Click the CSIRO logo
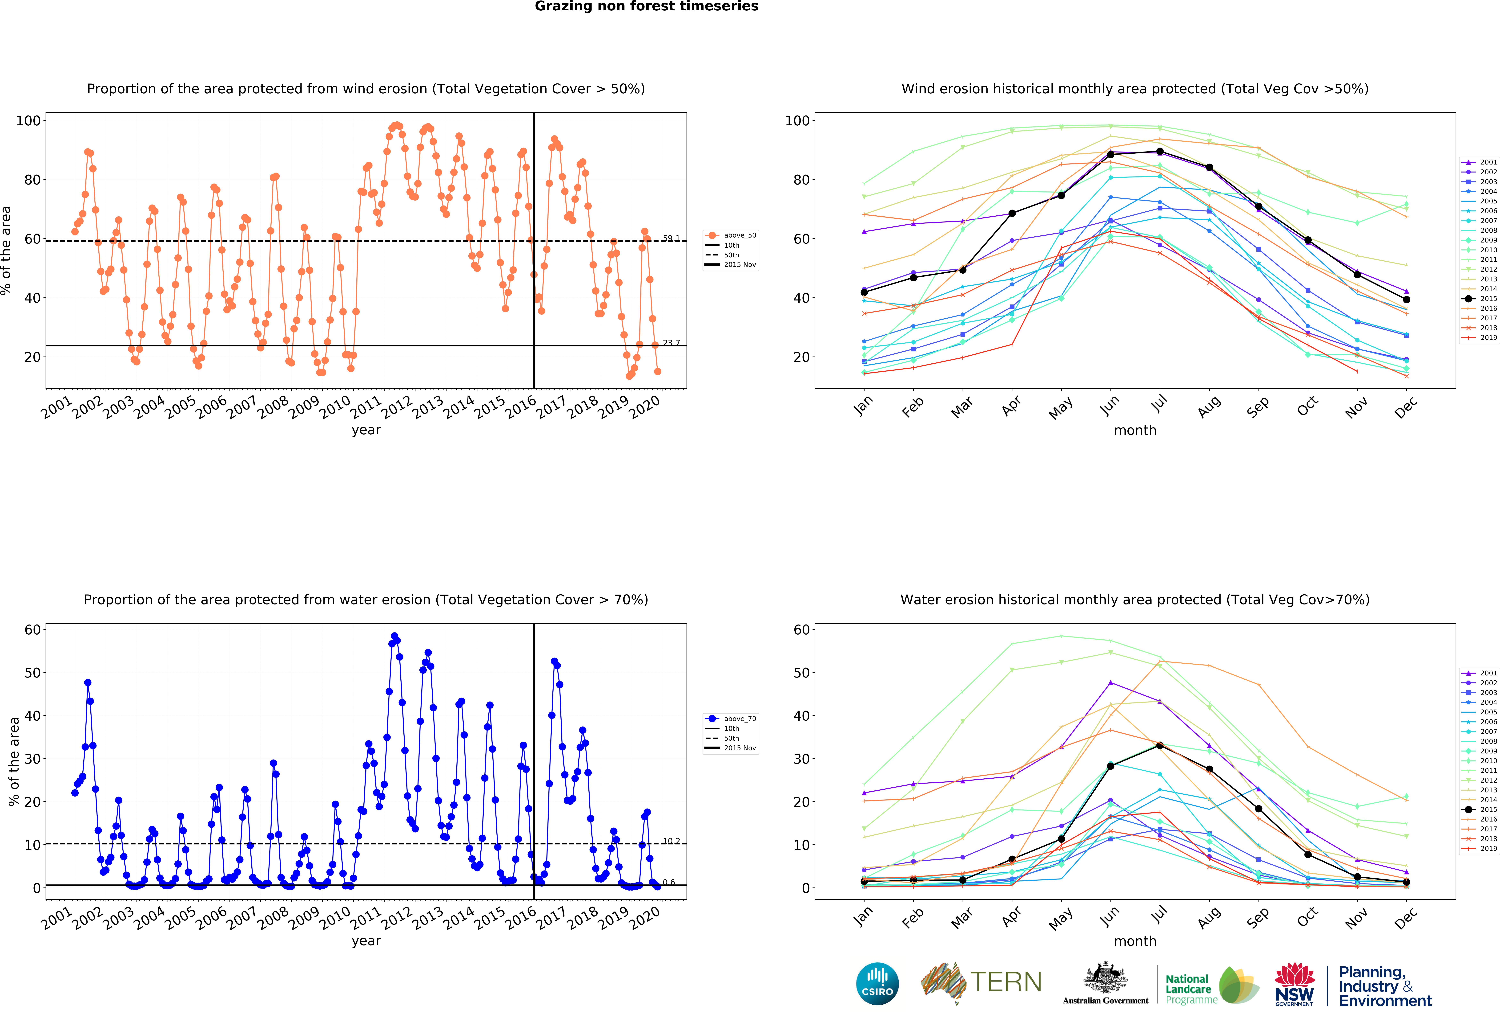pos(877,984)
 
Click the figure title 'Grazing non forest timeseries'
pos(646,6)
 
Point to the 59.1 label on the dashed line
pos(671,238)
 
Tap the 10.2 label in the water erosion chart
pos(671,841)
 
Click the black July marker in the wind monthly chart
pos(1160,151)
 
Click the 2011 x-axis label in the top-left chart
pos(366,407)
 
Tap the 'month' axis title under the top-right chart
pos(1135,430)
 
